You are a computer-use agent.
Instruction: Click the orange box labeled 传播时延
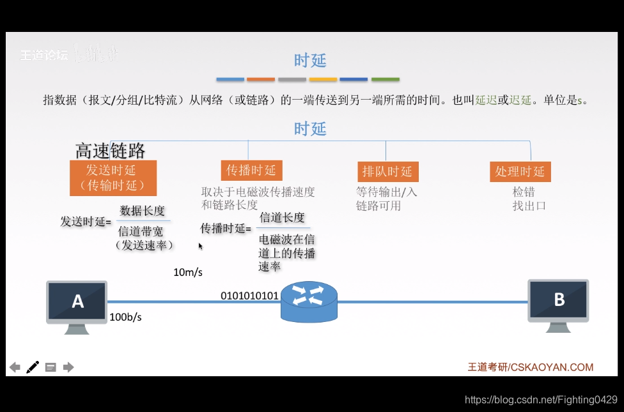tap(251, 170)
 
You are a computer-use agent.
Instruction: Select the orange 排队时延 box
tap(387, 171)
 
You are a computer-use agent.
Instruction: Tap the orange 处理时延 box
tap(520, 171)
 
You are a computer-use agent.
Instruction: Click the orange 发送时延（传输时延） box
tap(113, 178)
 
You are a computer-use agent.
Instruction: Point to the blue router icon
tap(308, 301)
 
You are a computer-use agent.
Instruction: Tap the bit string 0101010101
tap(249, 296)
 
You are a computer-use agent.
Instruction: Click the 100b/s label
tap(125, 317)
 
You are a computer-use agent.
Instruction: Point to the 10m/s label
tap(187, 273)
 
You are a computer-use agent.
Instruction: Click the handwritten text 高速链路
tap(110, 151)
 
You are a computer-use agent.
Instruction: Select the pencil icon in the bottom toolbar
tap(33, 367)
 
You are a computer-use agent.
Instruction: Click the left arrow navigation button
tap(15, 367)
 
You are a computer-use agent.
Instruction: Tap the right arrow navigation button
tap(68, 367)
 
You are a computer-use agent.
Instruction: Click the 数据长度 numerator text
tap(142, 211)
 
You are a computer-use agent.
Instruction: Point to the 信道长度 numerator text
tap(282, 217)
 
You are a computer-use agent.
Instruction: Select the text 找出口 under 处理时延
tap(529, 206)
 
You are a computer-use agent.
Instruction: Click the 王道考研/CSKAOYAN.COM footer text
tap(530, 367)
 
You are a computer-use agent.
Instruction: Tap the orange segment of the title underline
tap(261, 80)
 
